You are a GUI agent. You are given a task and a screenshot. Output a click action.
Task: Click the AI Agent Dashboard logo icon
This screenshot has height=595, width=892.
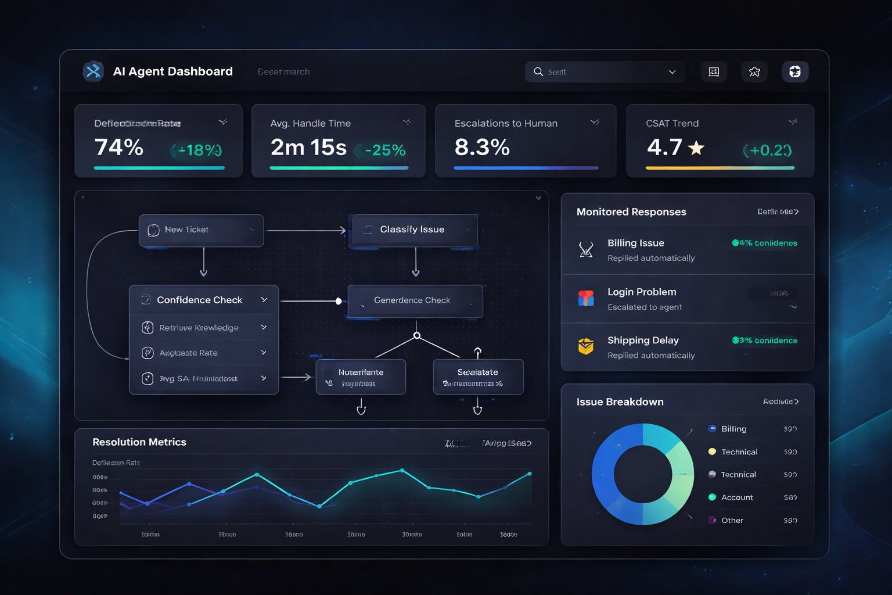93,71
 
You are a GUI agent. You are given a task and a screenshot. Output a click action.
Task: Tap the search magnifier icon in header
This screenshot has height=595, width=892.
538,71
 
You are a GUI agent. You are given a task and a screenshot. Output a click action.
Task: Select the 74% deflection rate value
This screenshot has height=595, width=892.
119,148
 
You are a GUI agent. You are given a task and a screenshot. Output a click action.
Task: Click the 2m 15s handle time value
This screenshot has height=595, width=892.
308,148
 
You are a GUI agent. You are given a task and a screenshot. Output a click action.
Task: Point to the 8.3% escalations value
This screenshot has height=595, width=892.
482,148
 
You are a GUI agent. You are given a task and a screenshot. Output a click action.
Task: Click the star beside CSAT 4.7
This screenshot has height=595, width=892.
696,148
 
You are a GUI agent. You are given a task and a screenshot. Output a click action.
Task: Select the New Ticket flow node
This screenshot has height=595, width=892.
201,230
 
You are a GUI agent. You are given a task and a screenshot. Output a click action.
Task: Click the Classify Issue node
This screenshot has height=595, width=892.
415,230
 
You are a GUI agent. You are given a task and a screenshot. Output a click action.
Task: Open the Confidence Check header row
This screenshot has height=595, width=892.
204,300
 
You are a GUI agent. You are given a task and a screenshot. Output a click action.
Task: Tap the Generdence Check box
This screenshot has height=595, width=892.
415,300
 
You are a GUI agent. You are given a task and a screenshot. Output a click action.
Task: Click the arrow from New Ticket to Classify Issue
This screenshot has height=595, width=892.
307,231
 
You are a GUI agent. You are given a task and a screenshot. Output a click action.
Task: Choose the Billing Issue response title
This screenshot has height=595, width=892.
636,243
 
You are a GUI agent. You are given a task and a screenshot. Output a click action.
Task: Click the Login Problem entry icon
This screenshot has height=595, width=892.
586,299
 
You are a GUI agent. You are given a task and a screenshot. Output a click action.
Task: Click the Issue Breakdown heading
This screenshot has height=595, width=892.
620,402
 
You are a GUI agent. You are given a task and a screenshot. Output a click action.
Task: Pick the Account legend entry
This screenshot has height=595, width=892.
736,497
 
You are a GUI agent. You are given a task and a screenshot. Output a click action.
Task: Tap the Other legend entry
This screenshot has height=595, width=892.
732,520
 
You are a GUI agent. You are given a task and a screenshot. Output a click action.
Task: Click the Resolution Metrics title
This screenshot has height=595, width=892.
139,442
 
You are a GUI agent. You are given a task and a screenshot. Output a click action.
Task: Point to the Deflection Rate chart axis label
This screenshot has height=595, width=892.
116,463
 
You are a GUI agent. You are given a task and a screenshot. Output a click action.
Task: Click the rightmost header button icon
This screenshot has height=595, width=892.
794,71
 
